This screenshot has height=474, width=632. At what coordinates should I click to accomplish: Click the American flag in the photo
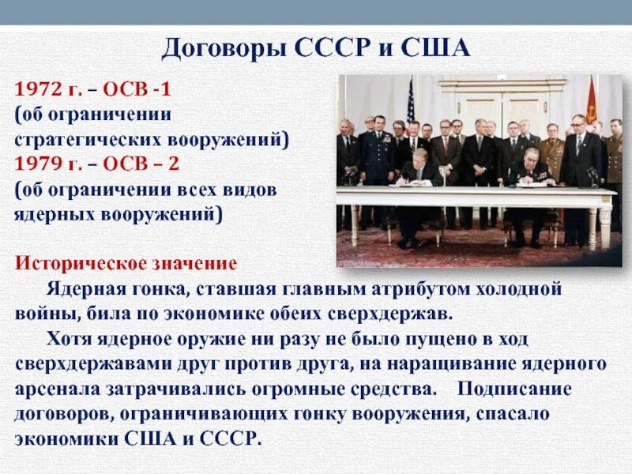coord(410,103)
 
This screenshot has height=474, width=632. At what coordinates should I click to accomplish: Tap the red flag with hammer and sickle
coord(591,103)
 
